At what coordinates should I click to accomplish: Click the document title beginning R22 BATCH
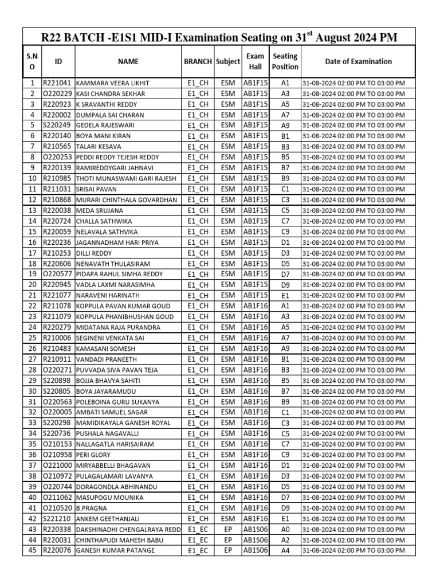coord(218,38)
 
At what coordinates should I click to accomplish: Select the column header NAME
coord(128,61)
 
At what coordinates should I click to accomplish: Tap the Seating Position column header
coord(285,61)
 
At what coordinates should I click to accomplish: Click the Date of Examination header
coord(358,61)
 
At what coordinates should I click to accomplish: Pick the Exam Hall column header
coord(255,61)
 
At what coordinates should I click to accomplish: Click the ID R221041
coord(57,83)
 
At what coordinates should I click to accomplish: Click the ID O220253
coord(57,158)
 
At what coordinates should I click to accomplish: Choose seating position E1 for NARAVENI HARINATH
coord(285,296)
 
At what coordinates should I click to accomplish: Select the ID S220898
coord(57,381)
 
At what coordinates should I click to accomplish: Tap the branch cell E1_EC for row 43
coord(198,530)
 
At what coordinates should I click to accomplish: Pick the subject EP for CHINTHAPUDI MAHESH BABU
coord(228,540)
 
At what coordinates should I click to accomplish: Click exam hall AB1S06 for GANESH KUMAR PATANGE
coord(255,551)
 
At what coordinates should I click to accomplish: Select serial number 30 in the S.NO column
coord(32,392)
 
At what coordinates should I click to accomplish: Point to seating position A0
coord(285,530)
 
